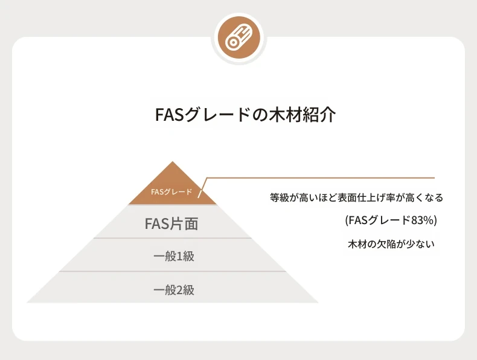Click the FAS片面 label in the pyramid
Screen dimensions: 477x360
coord(171,223)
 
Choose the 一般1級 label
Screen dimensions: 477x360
coord(174,256)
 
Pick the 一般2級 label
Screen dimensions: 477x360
coord(174,290)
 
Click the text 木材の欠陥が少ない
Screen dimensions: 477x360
coord(391,244)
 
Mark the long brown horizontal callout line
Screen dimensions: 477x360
coord(321,178)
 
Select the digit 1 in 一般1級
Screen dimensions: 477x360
coord(179,257)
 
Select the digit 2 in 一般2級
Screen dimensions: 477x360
coord(179,291)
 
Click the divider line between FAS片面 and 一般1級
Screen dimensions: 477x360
coord(173,238)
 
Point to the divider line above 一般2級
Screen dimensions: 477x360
coord(173,271)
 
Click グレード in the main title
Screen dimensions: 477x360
coord(217,115)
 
